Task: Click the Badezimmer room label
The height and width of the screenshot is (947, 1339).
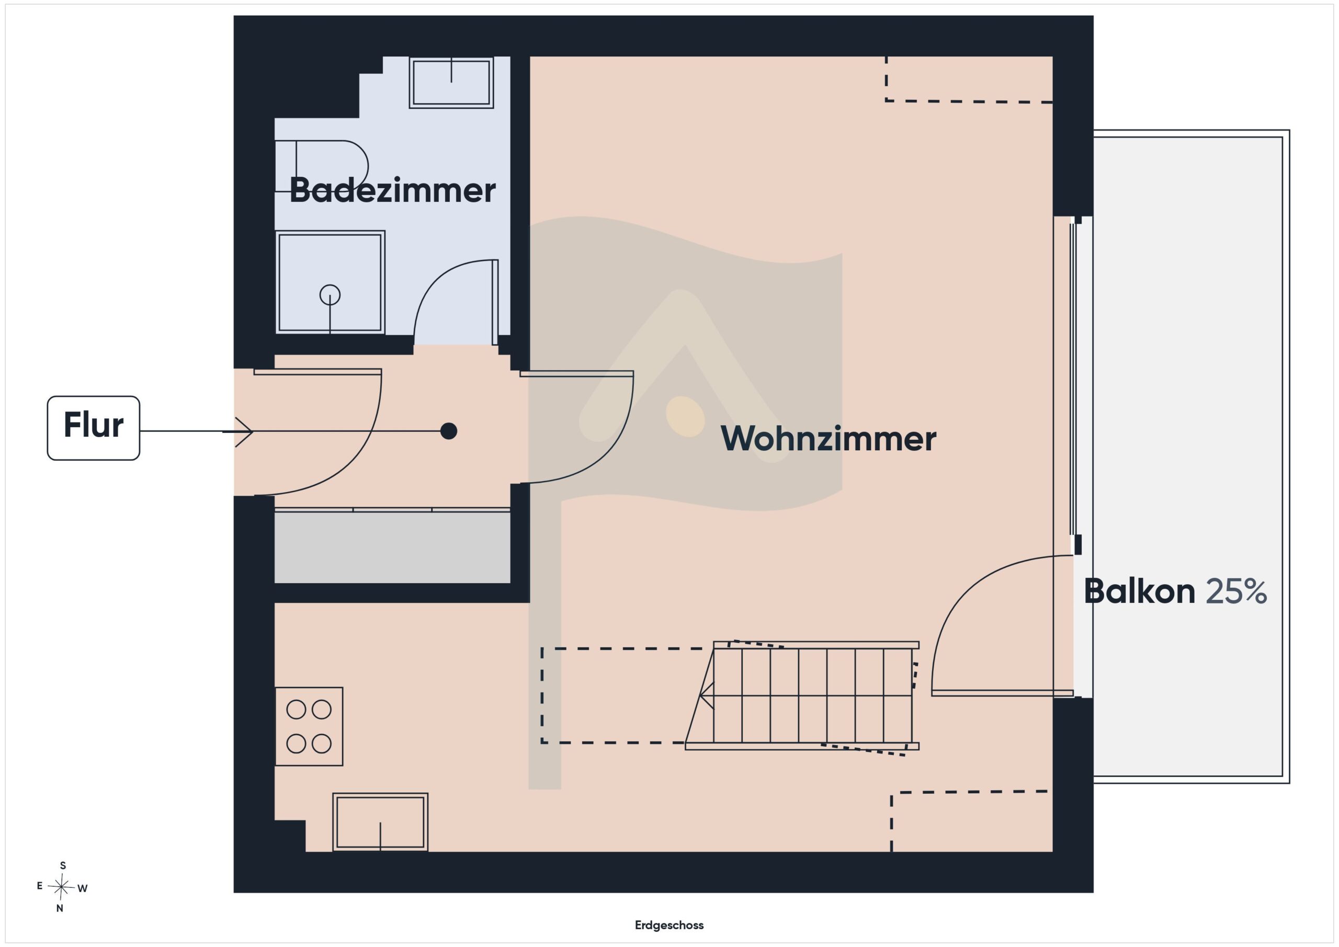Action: (392, 190)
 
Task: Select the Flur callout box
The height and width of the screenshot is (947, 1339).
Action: (93, 428)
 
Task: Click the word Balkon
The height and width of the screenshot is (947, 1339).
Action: (1139, 591)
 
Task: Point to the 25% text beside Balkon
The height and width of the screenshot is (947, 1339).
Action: (1236, 591)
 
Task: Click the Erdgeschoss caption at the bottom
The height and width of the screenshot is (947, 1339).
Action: (669, 925)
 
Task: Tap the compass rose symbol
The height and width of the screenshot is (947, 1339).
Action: (61, 887)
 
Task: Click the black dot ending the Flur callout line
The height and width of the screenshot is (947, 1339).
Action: (448, 431)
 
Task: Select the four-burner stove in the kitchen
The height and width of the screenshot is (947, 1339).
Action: (309, 726)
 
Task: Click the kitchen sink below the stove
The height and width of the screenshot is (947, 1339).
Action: (380, 822)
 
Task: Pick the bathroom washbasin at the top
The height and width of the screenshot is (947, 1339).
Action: (451, 82)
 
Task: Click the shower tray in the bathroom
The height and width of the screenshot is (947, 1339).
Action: (330, 282)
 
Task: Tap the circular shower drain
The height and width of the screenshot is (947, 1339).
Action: (330, 295)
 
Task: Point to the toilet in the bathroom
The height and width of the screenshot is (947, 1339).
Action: (321, 166)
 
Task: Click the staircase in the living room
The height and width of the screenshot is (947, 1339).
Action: (802, 695)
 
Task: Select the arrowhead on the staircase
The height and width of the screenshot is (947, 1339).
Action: (706, 695)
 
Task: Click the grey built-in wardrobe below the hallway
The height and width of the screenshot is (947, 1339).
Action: (392, 546)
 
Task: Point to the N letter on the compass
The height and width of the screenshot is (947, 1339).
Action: (60, 908)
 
